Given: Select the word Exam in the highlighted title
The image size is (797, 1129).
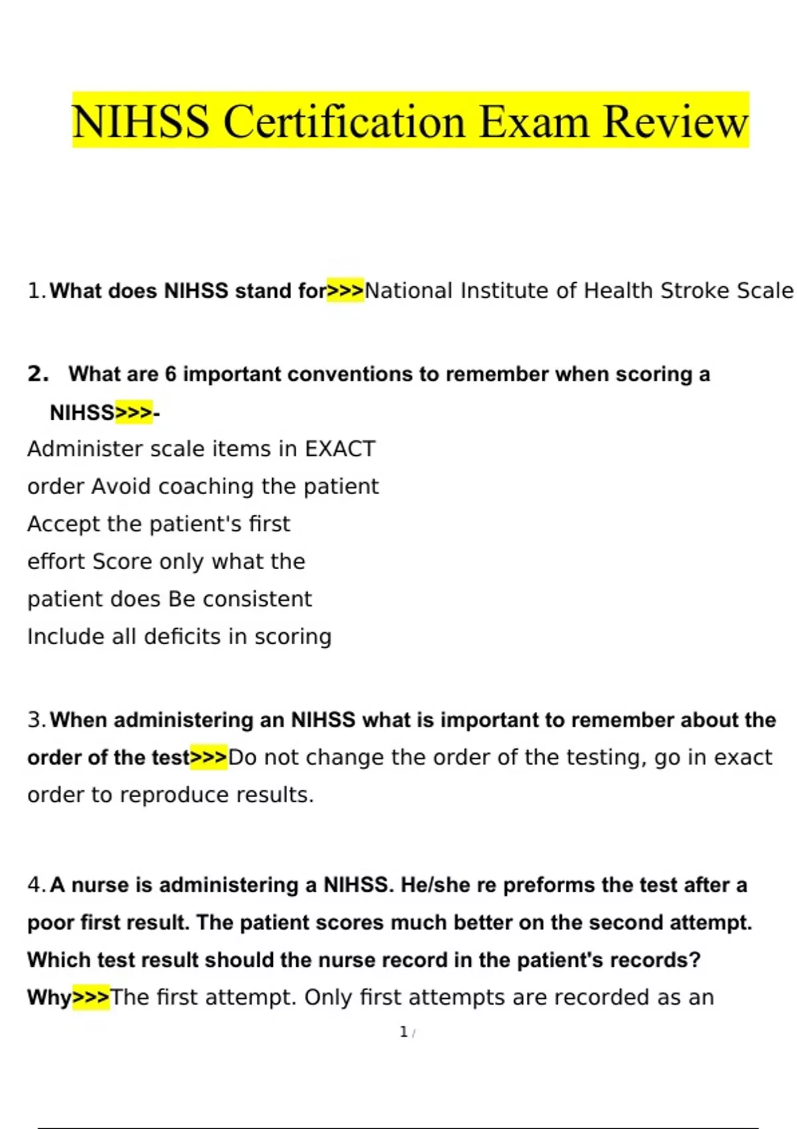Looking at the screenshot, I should point(533,122).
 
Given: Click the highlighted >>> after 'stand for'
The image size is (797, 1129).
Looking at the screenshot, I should point(345,291).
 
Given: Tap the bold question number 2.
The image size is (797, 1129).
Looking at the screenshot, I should point(38,374).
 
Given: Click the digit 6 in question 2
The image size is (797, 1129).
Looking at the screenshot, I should point(171,375).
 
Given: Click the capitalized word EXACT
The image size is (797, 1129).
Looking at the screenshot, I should point(340,449).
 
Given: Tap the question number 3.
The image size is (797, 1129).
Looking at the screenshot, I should point(36,720).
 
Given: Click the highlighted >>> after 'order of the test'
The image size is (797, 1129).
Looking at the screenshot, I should point(209,758).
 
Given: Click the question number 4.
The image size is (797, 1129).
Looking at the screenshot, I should point(36,885).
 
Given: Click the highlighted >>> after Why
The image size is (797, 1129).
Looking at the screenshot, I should point(90,998).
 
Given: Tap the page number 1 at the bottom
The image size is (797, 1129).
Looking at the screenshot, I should point(403,1032).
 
